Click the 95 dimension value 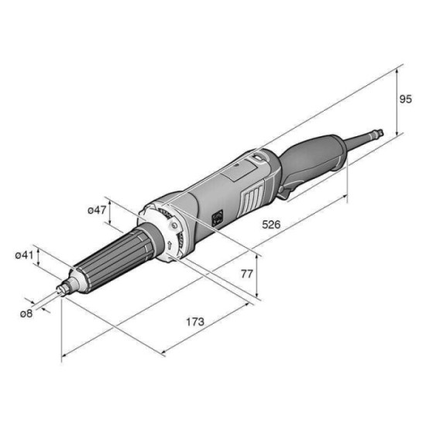click(405, 99)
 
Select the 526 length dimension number click(271, 225)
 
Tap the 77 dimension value click(247, 274)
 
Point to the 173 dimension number click(194, 322)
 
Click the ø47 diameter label click(97, 210)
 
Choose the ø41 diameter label click(24, 256)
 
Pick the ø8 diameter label click(26, 314)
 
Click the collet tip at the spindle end click(62, 289)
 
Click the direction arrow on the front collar click(170, 246)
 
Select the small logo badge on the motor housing click(218, 218)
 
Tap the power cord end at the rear click(378, 133)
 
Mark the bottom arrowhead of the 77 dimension click(257, 295)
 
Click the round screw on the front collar click(174, 225)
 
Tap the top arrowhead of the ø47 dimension click(110, 202)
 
